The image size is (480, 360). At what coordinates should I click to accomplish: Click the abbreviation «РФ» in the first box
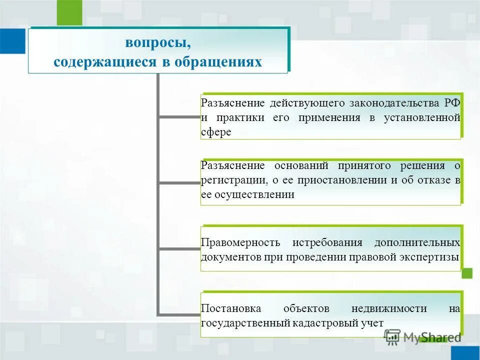pyautogui.click(x=451, y=103)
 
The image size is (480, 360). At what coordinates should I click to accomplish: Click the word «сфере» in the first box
pyautogui.click(x=216, y=132)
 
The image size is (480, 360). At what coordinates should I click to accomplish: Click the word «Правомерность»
pyautogui.click(x=240, y=242)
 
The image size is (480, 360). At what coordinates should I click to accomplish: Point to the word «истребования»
pyautogui.click(x=327, y=242)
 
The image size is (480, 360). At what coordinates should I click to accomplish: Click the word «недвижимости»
pyautogui.click(x=389, y=308)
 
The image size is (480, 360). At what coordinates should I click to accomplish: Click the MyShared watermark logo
pyautogui.click(x=422, y=337)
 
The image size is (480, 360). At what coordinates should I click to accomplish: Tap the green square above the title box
pyautogui.click(x=69, y=12)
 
